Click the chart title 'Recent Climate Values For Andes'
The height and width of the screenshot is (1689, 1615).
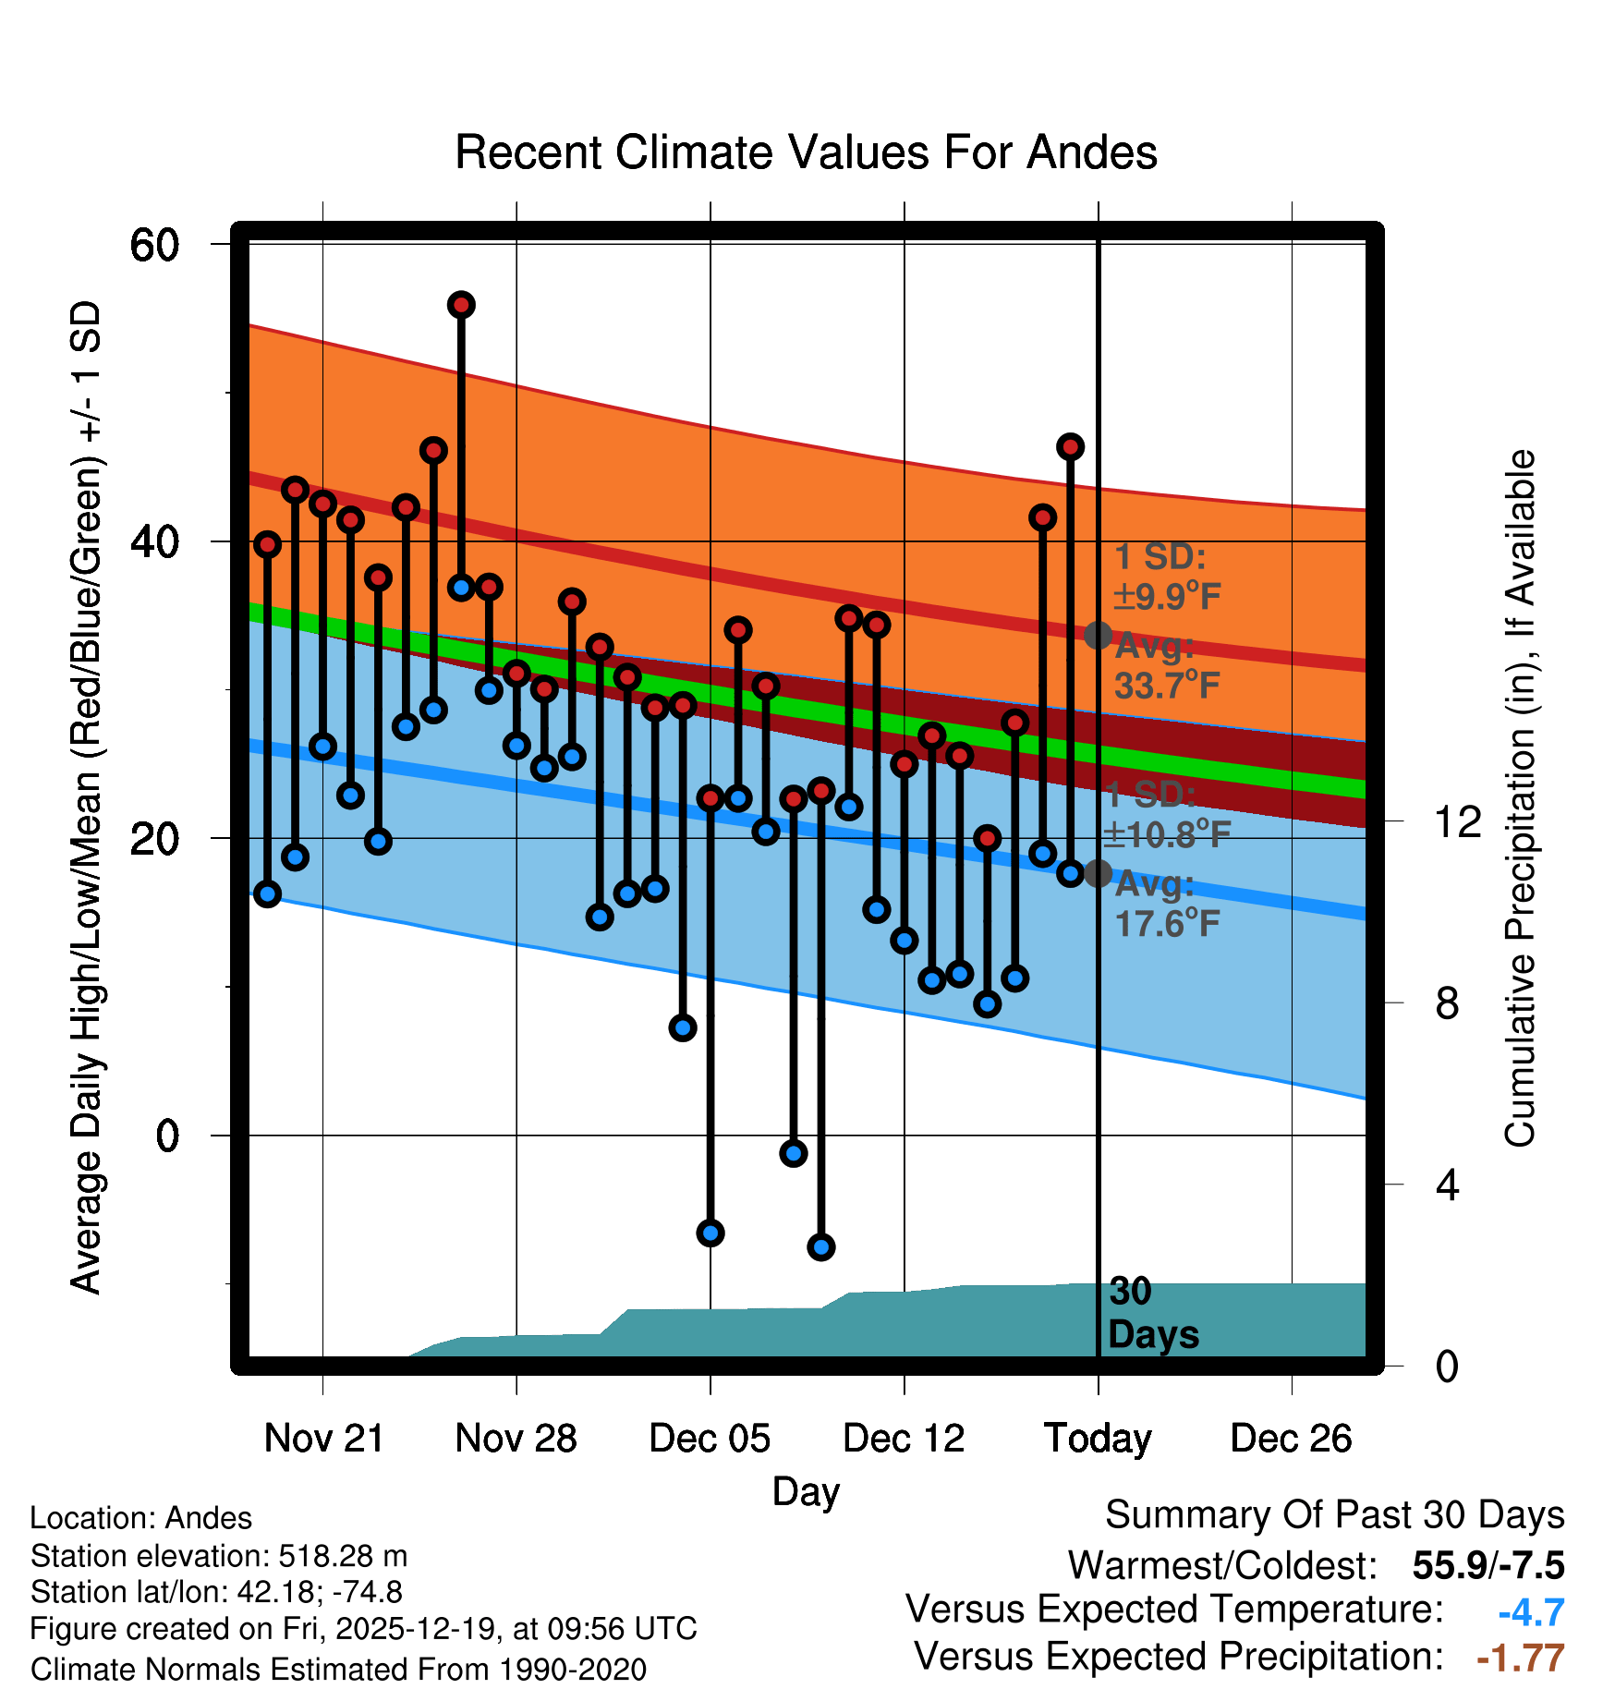point(806,152)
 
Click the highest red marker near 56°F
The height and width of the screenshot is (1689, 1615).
point(461,305)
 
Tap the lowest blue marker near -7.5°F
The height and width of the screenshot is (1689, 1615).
point(821,1247)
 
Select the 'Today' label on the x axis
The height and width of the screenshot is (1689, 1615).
point(1098,1439)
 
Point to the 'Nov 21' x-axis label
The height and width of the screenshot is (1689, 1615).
point(323,1439)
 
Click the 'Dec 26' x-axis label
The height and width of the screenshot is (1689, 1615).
point(1291,1439)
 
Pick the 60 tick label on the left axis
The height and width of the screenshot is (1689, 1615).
point(154,246)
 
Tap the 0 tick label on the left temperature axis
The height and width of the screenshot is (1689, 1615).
point(167,1136)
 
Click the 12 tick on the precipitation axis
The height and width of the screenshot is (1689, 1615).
point(1457,821)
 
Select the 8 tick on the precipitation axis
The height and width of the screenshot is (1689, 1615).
point(1447,1003)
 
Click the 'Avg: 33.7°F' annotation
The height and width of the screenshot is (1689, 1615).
point(1166,666)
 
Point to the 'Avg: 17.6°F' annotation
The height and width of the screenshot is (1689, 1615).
point(1166,904)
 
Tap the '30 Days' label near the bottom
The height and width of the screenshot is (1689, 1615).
point(1151,1313)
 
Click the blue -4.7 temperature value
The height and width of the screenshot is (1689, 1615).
point(1531,1612)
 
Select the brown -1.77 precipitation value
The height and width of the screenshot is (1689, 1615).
point(1521,1659)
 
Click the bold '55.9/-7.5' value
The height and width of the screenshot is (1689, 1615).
point(1487,1566)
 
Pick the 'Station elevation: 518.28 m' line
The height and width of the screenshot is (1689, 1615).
point(219,1556)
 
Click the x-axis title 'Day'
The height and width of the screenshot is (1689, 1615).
point(806,1491)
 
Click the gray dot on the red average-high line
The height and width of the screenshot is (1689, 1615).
point(1098,635)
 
